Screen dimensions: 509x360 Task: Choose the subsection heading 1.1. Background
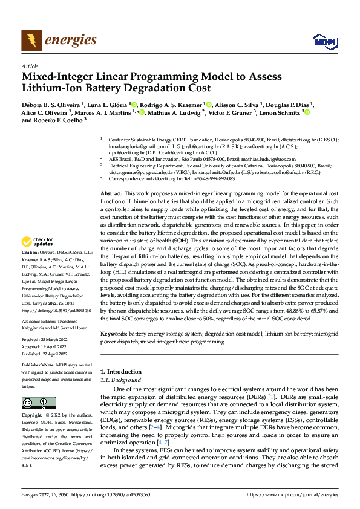click(120, 380)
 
